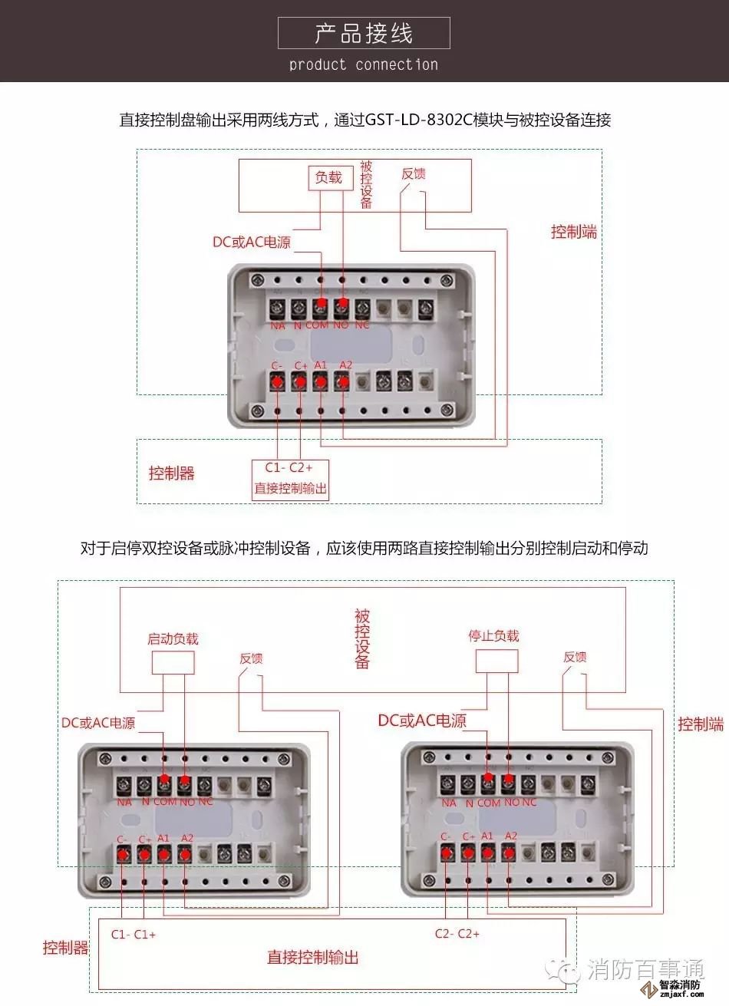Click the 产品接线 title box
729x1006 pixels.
point(364,33)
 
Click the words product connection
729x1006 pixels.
point(364,65)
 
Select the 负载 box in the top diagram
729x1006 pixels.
point(329,178)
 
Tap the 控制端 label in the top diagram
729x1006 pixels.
point(574,232)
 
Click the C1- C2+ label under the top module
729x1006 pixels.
point(289,468)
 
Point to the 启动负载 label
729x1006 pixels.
point(173,639)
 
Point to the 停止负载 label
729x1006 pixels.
point(494,636)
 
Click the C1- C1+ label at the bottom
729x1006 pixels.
point(134,935)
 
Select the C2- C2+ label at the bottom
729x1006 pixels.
point(457,934)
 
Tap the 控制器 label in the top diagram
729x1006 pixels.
point(172,473)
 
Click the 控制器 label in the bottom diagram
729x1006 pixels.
point(66,948)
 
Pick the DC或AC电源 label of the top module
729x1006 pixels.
point(252,242)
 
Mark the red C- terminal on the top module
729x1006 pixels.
point(277,381)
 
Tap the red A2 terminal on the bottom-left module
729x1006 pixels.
point(185,853)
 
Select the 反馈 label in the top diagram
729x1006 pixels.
point(414,174)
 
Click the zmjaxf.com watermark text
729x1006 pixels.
point(681,994)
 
